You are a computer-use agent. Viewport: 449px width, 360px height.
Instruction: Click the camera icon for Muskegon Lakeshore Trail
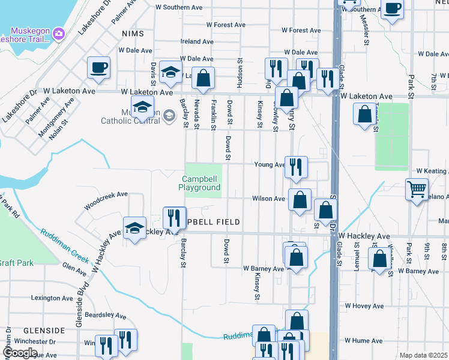coord(59,32)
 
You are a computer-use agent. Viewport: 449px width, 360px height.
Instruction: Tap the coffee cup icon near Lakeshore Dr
coord(98,67)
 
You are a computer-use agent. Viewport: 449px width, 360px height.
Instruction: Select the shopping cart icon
coord(417,190)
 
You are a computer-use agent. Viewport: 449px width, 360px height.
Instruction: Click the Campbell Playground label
coord(199,183)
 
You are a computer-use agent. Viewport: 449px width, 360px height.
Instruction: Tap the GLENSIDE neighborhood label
coord(44,331)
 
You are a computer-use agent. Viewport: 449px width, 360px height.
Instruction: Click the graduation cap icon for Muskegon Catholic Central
coord(143,107)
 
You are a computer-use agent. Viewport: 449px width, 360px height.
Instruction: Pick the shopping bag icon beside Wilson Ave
coord(300,199)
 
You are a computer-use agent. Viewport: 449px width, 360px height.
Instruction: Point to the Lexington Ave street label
coord(52,298)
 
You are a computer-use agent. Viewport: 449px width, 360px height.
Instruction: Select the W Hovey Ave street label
coord(364,305)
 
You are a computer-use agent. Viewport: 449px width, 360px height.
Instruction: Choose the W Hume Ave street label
coord(364,340)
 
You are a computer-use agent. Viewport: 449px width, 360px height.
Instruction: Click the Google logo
coord(20,353)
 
